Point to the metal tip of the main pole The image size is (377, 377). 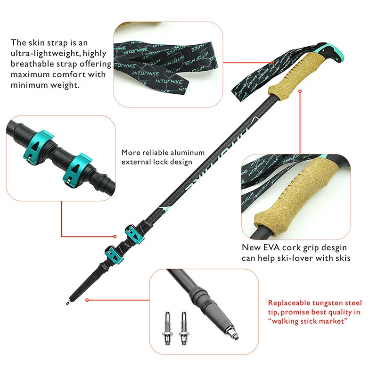tap(70, 299)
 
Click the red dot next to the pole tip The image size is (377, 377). tap(88, 299)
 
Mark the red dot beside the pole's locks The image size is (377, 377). tap(114, 236)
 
